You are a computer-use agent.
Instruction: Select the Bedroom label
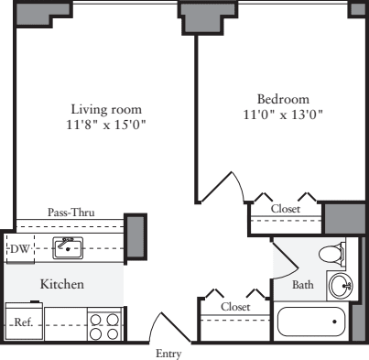click(x=282, y=98)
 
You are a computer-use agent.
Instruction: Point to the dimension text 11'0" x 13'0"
click(x=282, y=115)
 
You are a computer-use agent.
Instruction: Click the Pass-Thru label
click(x=71, y=213)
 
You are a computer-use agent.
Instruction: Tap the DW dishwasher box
click(x=19, y=247)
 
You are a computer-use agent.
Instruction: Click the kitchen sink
click(x=69, y=246)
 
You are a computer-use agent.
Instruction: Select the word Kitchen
click(x=62, y=285)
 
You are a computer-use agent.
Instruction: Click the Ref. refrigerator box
click(x=24, y=322)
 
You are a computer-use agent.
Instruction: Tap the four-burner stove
click(x=105, y=322)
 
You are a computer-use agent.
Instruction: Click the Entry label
click(x=168, y=353)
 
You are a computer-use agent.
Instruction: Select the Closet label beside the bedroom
click(x=287, y=209)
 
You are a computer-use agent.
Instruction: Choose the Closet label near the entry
click(x=235, y=307)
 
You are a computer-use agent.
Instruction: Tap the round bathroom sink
click(x=342, y=286)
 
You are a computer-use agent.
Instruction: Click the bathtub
click(x=311, y=322)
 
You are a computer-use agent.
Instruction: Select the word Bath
click(x=303, y=285)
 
